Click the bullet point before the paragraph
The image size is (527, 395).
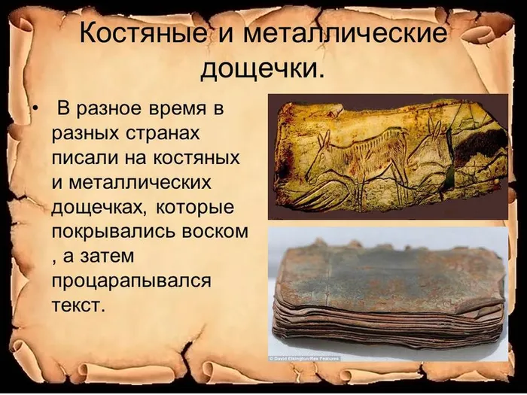pos(35,111)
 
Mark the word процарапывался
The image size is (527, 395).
pos(131,281)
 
